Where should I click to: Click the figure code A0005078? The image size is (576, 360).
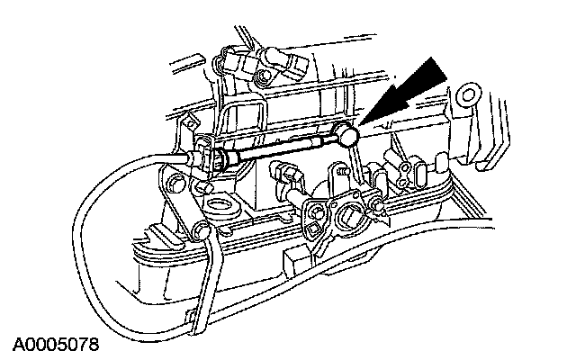click(55, 345)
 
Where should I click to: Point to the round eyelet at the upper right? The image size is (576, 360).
click(466, 94)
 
